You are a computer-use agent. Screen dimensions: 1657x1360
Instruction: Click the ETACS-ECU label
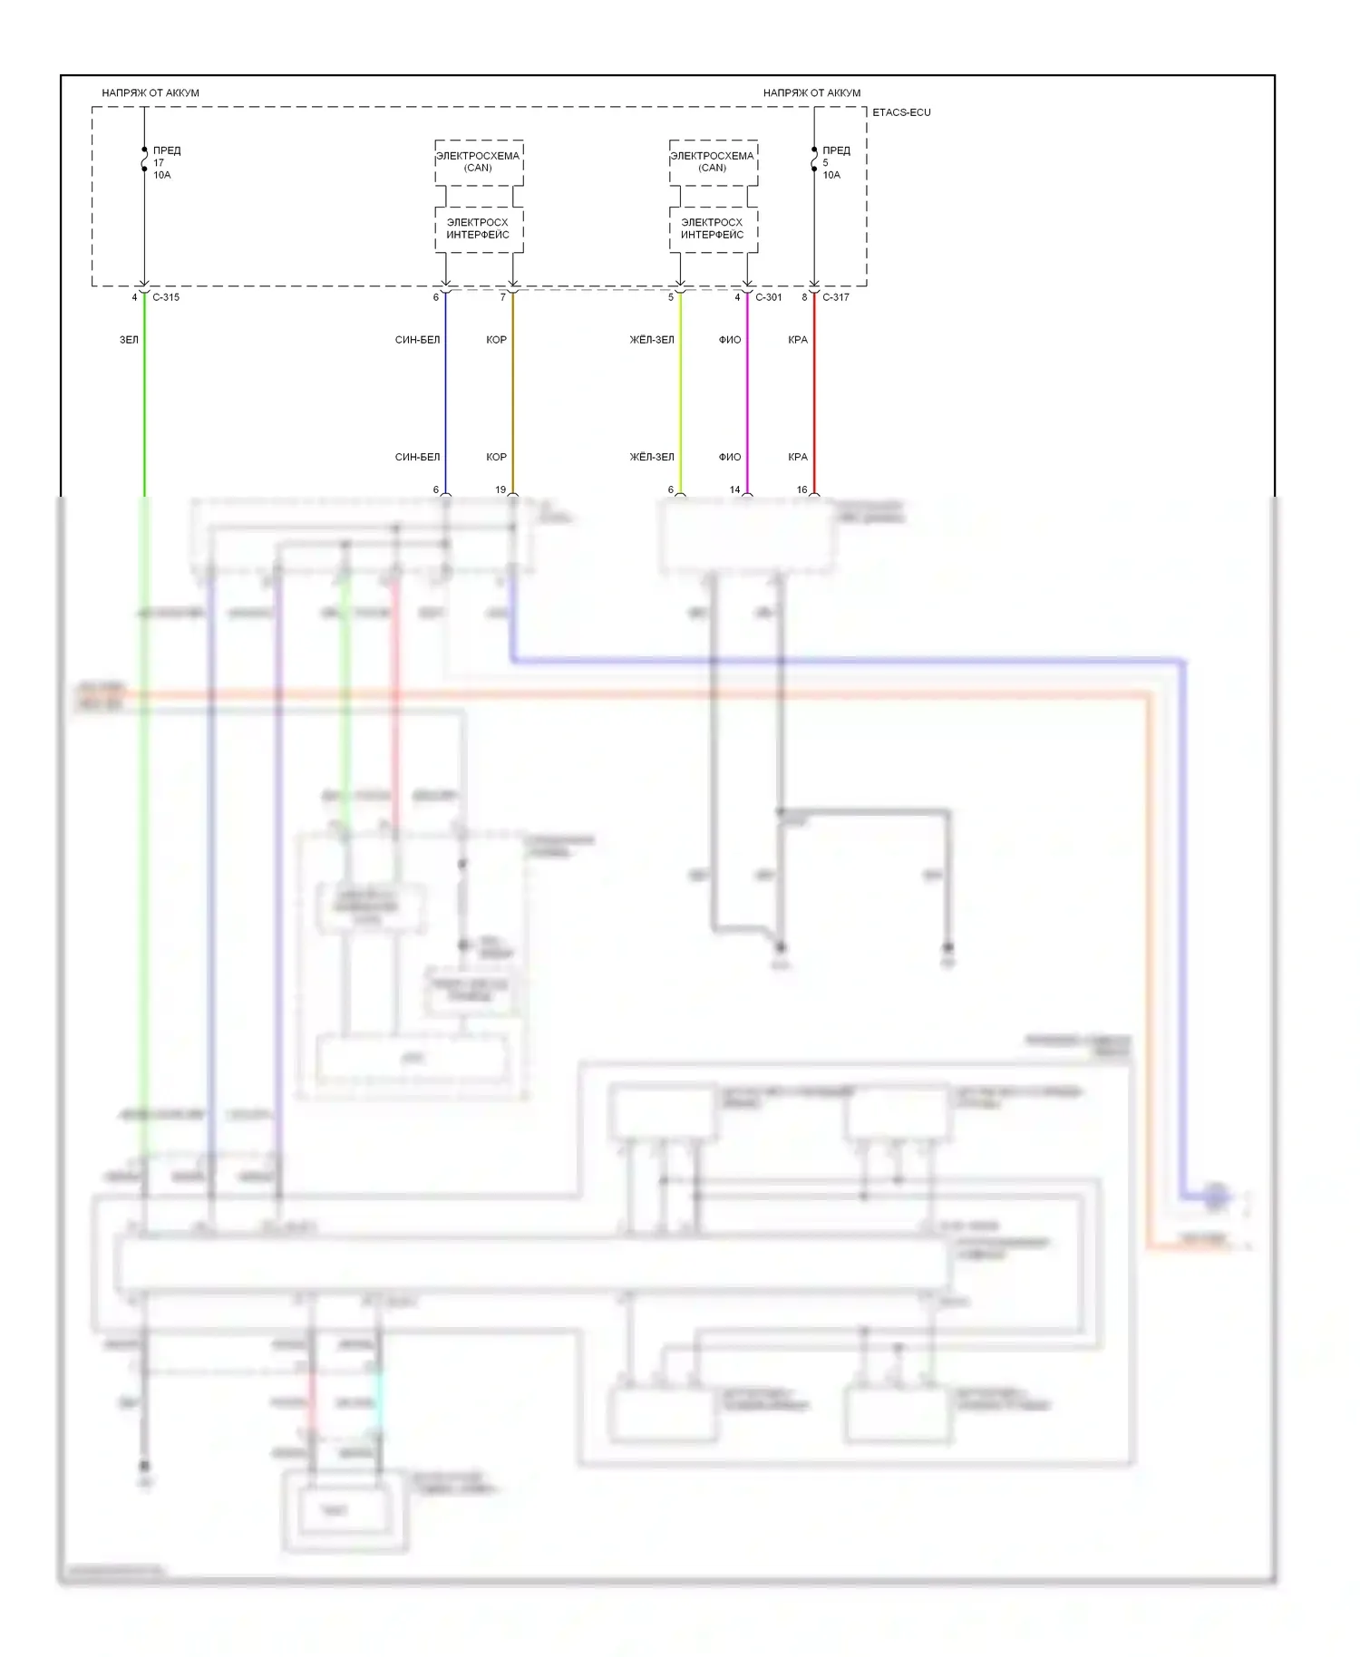pos(900,112)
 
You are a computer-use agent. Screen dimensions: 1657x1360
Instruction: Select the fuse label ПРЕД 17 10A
pos(165,162)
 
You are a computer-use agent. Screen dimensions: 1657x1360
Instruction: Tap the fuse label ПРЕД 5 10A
pos(835,162)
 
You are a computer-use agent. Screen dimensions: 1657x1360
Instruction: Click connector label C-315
pos(165,297)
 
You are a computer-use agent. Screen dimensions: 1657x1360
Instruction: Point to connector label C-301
pos(768,297)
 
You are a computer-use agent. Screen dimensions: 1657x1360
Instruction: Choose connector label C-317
pos(835,297)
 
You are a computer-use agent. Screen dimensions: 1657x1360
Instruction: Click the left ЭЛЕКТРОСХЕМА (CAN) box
pos(478,162)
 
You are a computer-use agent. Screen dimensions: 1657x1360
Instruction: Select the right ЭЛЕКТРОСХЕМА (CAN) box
pos(713,162)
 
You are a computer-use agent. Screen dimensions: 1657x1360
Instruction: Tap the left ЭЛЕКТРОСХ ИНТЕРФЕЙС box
pos(478,228)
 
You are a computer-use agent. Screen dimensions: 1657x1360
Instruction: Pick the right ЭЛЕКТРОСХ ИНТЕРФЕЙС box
pos(713,228)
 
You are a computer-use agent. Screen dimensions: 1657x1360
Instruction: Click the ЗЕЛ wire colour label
pos(129,340)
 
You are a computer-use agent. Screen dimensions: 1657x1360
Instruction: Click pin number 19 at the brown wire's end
pos(500,489)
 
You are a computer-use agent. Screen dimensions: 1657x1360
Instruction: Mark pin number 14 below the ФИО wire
pos(735,489)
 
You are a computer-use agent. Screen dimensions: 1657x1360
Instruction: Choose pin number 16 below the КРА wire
pos(801,489)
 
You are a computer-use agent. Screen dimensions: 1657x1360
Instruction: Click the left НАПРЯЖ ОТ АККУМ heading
pos(151,92)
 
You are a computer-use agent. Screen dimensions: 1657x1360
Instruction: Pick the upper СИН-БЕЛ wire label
pos(417,340)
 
